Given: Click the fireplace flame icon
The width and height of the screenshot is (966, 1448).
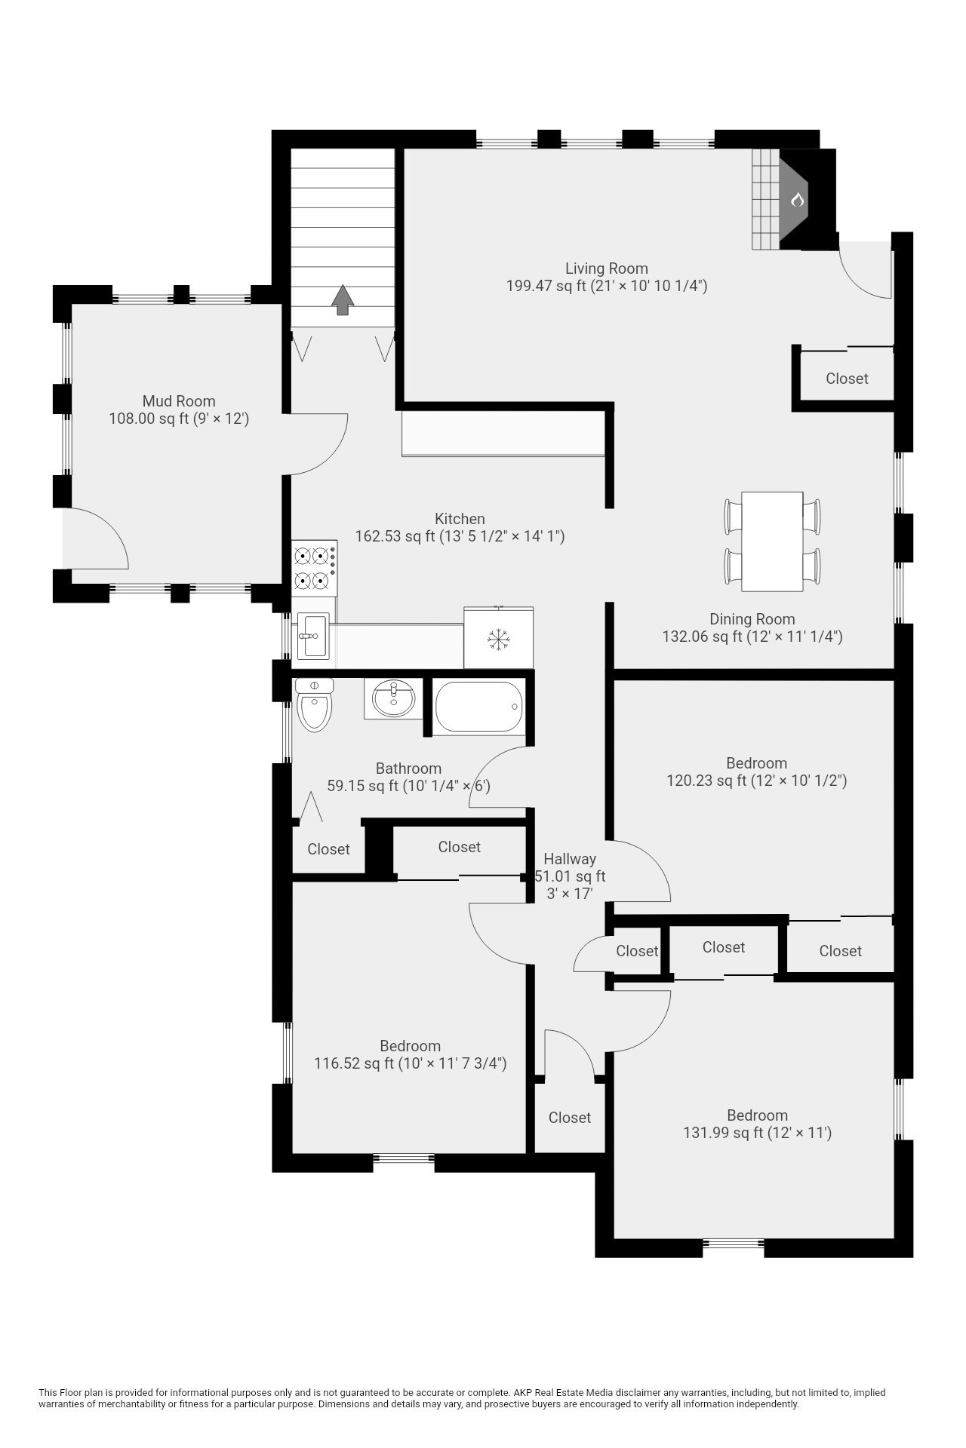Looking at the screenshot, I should click(797, 200).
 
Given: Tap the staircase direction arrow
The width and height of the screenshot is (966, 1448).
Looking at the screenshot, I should click(343, 299).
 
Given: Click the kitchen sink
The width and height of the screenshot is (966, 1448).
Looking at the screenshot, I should click(312, 636).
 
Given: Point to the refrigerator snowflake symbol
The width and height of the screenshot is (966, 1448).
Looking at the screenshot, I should click(497, 640).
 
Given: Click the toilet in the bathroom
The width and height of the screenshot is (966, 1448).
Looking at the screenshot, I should click(314, 704).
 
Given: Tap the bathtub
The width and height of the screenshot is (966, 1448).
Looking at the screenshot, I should click(478, 707).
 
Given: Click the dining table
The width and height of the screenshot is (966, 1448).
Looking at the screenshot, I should click(772, 541).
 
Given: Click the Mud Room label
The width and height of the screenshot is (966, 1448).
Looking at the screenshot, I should click(179, 401).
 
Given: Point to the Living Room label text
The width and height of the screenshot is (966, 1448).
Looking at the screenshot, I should click(606, 268).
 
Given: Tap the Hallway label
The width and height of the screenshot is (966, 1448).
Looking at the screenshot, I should click(570, 859).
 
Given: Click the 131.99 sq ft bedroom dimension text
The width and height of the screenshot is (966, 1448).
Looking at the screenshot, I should click(757, 1133).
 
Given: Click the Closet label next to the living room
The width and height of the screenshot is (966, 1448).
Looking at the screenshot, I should click(847, 379).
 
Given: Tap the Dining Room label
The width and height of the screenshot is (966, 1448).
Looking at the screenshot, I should click(752, 619).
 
